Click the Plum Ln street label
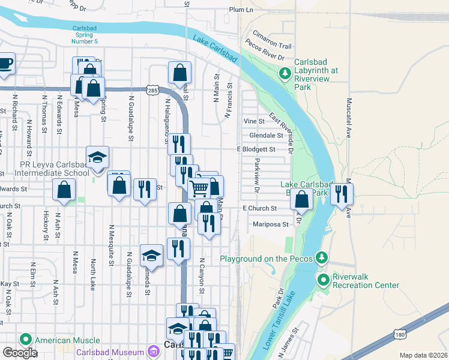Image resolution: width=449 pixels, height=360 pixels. point(241,10)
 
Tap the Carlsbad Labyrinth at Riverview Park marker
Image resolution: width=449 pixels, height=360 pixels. point(286,74)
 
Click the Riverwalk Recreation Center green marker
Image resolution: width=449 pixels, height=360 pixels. point(324,280)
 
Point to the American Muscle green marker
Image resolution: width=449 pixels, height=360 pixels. point(26,340)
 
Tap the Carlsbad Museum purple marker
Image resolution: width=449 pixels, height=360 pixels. point(154,352)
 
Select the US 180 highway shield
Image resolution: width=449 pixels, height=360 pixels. point(400,334)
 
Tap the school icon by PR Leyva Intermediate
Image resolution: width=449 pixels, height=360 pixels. point(97,157)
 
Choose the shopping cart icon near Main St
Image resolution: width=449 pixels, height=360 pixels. point(199,188)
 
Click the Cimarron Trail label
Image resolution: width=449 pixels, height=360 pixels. point(272,46)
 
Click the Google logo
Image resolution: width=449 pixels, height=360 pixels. point(20,353)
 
